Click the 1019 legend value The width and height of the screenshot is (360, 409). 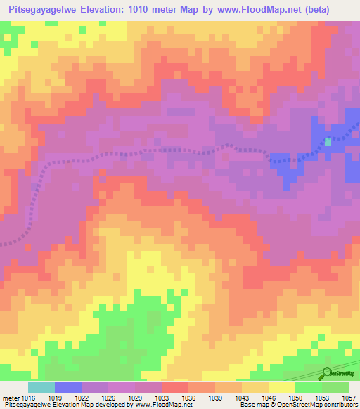point(67,398)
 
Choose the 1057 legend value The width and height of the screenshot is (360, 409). point(347,398)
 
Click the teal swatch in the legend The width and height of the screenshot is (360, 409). point(41,387)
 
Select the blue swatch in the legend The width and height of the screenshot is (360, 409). point(68,387)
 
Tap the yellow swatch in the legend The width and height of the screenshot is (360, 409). point(281,387)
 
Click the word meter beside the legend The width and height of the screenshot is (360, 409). point(11,398)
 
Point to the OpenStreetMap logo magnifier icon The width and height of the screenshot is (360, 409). point(326,372)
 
